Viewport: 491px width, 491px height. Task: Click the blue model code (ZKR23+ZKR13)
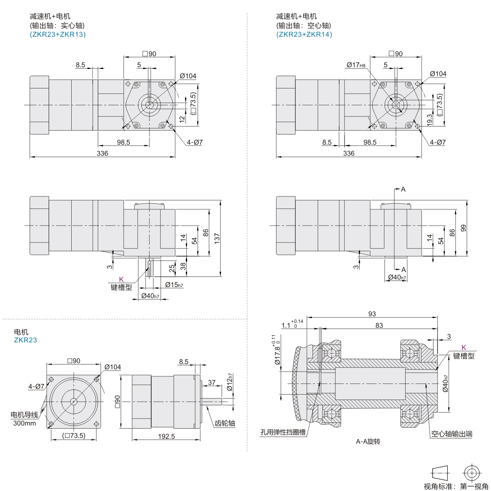(x=58, y=35)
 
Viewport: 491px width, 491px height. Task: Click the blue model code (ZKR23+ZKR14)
(x=304, y=35)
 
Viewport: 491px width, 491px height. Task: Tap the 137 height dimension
(x=217, y=238)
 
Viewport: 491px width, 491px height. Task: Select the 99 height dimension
(x=464, y=228)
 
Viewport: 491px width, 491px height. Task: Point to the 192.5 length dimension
(x=166, y=436)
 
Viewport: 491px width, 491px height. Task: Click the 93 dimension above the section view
(x=372, y=314)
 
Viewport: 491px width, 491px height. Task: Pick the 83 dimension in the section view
(x=379, y=326)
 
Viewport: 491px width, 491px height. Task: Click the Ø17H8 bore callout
(x=356, y=65)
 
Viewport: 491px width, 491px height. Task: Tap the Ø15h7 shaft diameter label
(x=174, y=284)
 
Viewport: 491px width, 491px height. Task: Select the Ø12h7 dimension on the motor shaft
(x=230, y=382)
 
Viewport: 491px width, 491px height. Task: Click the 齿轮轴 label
(x=225, y=423)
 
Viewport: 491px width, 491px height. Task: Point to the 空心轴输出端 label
(x=452, y=433)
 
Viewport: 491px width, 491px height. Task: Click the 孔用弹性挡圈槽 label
(x=283, y=433)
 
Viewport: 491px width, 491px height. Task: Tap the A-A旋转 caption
(x=368, y=441)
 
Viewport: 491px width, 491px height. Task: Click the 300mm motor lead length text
(x=24, y=423)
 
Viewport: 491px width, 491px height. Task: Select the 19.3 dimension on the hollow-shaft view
(x=430, y=119)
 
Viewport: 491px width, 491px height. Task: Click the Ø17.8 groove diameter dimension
(x=277, y=351)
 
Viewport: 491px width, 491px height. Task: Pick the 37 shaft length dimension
(x=212, y=382)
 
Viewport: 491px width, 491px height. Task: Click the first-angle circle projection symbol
(x=472, y=472)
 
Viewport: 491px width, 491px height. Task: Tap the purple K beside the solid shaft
(x=122, y=280)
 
